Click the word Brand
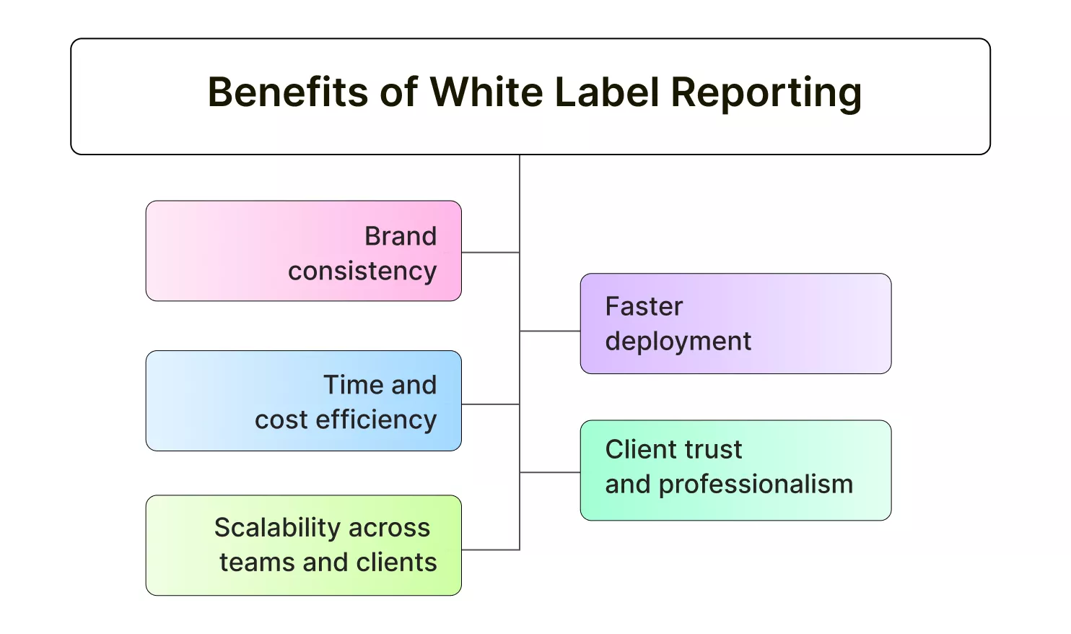click(x=401, y=236)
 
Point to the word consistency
click(x=362, y=272)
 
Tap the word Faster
click(x=644, y=307)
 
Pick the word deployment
click(x=678, y=342)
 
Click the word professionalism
click(x=756, y=485)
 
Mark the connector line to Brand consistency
click(x=491, y=252)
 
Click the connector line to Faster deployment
click(x=550, y=331)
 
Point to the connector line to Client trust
click(x=550, y=472)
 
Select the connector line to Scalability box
click(x=491, y=550)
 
